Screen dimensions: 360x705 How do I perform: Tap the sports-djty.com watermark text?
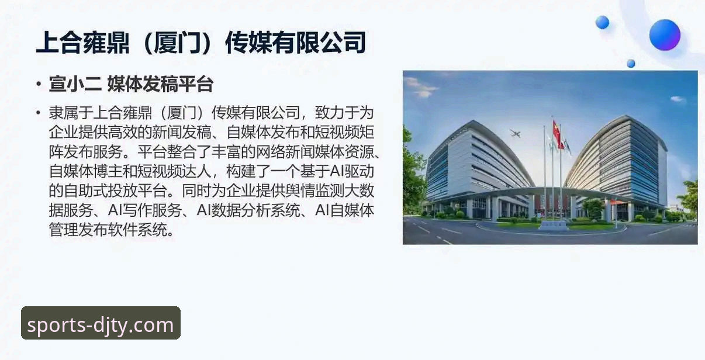click(101, 324)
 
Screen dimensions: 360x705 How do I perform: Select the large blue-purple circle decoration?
click(665, 34)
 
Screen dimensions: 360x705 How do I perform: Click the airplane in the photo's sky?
click(515, 133)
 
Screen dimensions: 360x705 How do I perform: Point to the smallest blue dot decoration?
click(631, 63)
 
